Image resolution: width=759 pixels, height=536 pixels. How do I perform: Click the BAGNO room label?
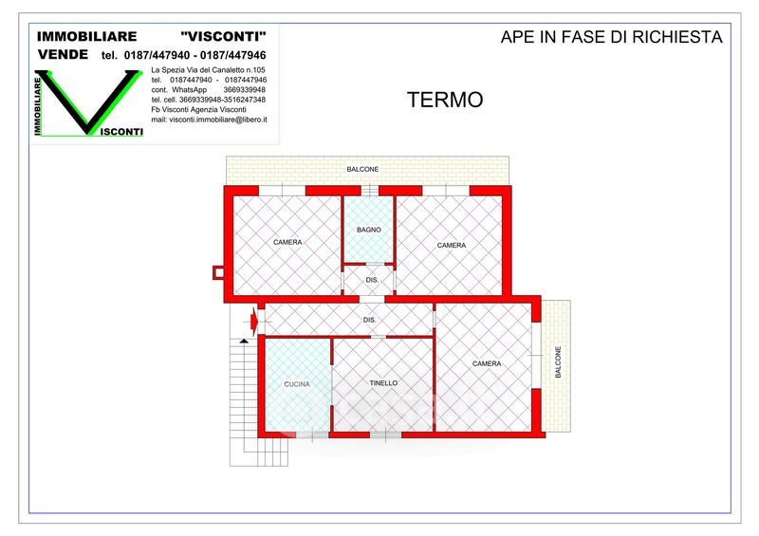click(x=369, y=230)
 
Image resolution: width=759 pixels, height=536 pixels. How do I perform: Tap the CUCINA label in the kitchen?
click(x=297, y=384)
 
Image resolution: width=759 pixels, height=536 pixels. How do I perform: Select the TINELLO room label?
click(x=383, y=383)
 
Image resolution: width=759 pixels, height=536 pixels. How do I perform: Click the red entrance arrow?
click(x=254, y=321)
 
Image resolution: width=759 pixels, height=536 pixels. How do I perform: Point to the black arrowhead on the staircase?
click(x=244, y=342)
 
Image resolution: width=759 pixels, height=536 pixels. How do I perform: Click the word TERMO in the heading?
click(x=445, y=100)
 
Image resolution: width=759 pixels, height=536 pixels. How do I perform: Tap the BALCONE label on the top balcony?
click(x=362, y=170)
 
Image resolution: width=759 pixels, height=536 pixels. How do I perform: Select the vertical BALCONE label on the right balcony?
click(x=558, y=361)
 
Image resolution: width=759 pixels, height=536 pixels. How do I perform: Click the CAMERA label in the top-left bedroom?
click(x=287, y=242)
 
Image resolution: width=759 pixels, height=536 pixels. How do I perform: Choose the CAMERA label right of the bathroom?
click(x=452, y=246)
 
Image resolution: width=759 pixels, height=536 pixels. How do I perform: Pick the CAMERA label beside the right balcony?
click(x=487, y=363)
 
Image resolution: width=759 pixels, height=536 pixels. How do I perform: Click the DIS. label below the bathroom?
click(x=372, y=281)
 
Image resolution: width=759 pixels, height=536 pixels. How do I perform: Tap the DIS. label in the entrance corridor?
click(x=369, y=320)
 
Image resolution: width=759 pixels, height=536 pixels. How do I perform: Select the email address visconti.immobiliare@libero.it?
click(x=218, y=120)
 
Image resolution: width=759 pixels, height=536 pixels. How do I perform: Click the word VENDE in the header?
click(x=63, y=55)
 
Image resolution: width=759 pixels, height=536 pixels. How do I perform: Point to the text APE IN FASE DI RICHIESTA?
click(x=611, y=37)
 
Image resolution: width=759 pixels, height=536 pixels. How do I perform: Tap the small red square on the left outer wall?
click(x=219, y=273)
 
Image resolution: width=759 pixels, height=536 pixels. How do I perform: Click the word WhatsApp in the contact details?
click(x=189, y=89)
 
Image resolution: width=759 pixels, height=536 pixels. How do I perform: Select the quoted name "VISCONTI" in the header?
click(x=223, y=36)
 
